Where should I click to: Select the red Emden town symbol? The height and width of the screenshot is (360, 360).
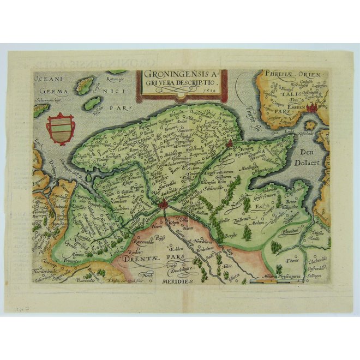(x=313, y=109)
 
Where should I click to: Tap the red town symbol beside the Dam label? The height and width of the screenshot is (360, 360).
(x=230, y=145)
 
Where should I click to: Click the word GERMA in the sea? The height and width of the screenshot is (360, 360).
(x=50, y=92)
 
